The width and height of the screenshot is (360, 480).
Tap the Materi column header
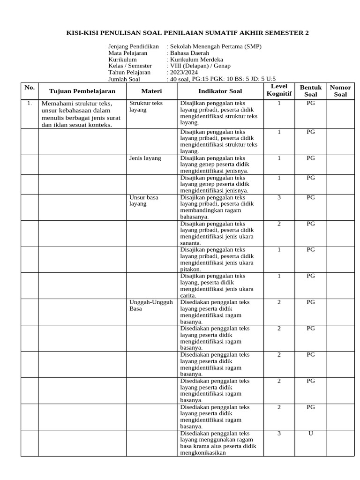click(151, 90)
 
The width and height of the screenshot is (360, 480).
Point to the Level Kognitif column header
click(279, 90)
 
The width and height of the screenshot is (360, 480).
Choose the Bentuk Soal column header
click(311, 90)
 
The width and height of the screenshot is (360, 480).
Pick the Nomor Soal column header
click(341, 90)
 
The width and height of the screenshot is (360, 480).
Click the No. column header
click(30, 87)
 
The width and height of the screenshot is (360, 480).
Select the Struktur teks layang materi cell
click(146, 106)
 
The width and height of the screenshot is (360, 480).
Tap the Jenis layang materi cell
click(145, 158)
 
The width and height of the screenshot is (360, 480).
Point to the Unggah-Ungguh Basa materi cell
click(151, 305)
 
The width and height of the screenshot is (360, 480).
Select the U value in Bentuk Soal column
click(310, 434)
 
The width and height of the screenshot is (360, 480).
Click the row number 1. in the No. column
click(29, 103)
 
